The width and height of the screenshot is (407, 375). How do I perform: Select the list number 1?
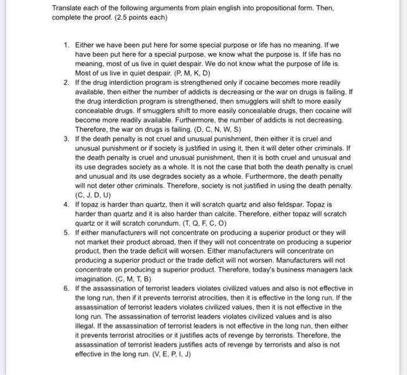click(67, 44)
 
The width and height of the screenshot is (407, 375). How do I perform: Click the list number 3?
click(67, 139)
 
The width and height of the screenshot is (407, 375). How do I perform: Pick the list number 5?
click(67, 232)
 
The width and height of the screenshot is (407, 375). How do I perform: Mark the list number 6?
click(67, 289)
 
